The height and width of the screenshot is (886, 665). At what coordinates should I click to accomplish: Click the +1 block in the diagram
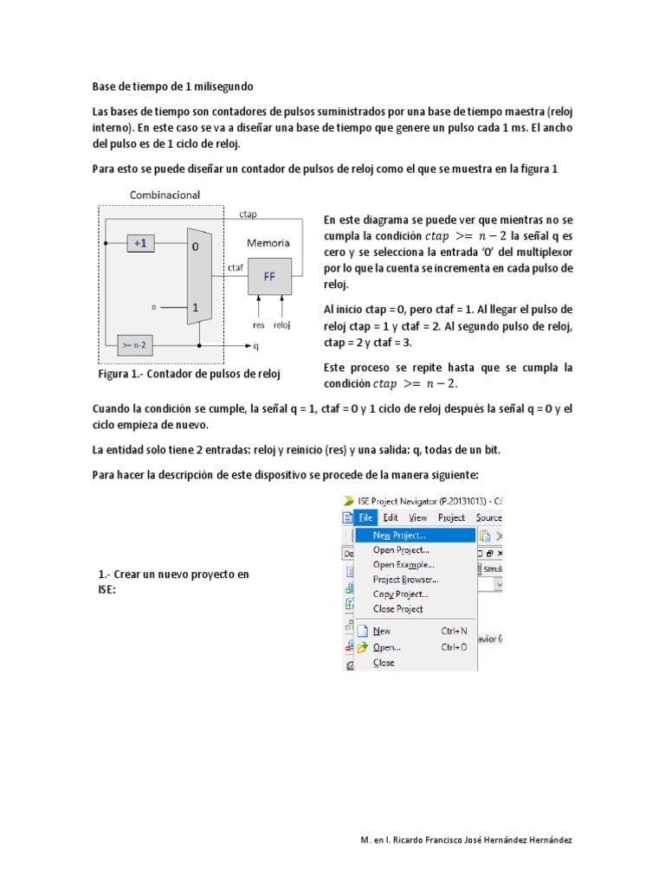tap(140, 244)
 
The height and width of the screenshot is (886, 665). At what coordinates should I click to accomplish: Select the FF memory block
tap(269, 278)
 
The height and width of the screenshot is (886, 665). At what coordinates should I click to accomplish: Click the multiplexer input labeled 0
tap(196, 247)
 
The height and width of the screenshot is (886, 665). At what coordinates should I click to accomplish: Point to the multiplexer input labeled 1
tap(196, 307)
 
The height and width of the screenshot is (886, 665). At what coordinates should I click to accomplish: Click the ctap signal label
tap(247, 213)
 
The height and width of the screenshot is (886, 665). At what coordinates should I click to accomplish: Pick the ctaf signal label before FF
tap(235, 267)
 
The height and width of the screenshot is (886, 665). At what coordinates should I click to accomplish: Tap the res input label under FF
tap(258, 326)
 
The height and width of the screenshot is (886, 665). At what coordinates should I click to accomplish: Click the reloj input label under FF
tap(282, 326)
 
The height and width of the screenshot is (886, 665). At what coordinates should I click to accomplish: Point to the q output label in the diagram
tap(256, 347)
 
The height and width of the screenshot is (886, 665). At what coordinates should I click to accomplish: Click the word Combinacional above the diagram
tap(165, 196)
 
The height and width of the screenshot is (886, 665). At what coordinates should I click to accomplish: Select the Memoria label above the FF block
tap(268, 243)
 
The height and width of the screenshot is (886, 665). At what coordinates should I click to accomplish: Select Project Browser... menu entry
tap(404, 579)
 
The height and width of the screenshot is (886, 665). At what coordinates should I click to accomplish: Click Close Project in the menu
tap(397, 608)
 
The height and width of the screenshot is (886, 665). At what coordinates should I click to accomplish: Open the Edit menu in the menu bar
tap(391, 517)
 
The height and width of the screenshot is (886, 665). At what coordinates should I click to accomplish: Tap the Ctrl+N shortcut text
tap(454, 632)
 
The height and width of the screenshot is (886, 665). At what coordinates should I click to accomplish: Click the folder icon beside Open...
tap(363, 646)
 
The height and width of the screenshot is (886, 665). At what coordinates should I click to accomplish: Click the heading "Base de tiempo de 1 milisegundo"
tap(173, 87)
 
